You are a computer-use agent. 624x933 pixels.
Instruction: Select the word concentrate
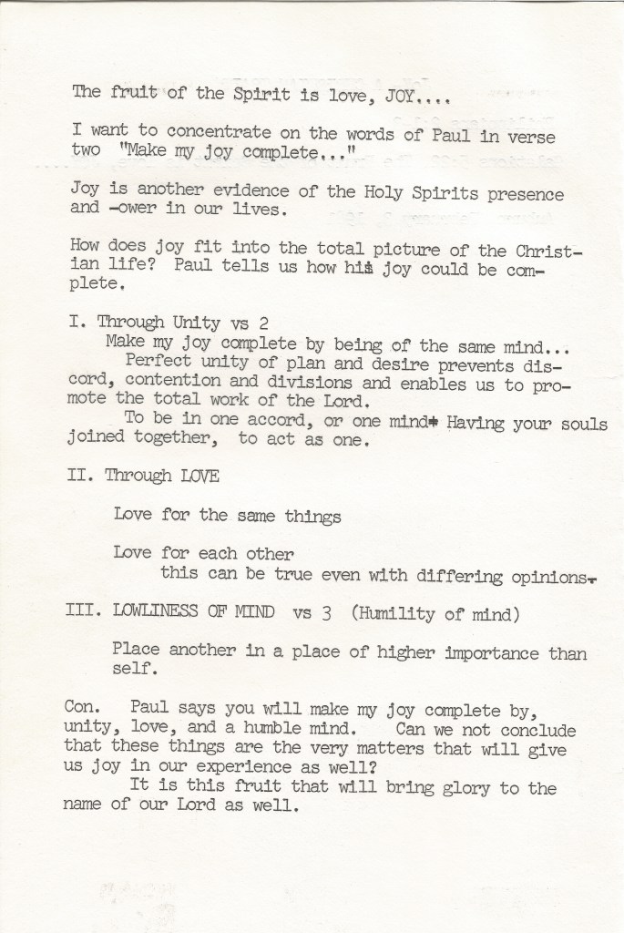click(214, 133)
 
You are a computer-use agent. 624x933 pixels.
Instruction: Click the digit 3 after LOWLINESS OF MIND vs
click(325, 613)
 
